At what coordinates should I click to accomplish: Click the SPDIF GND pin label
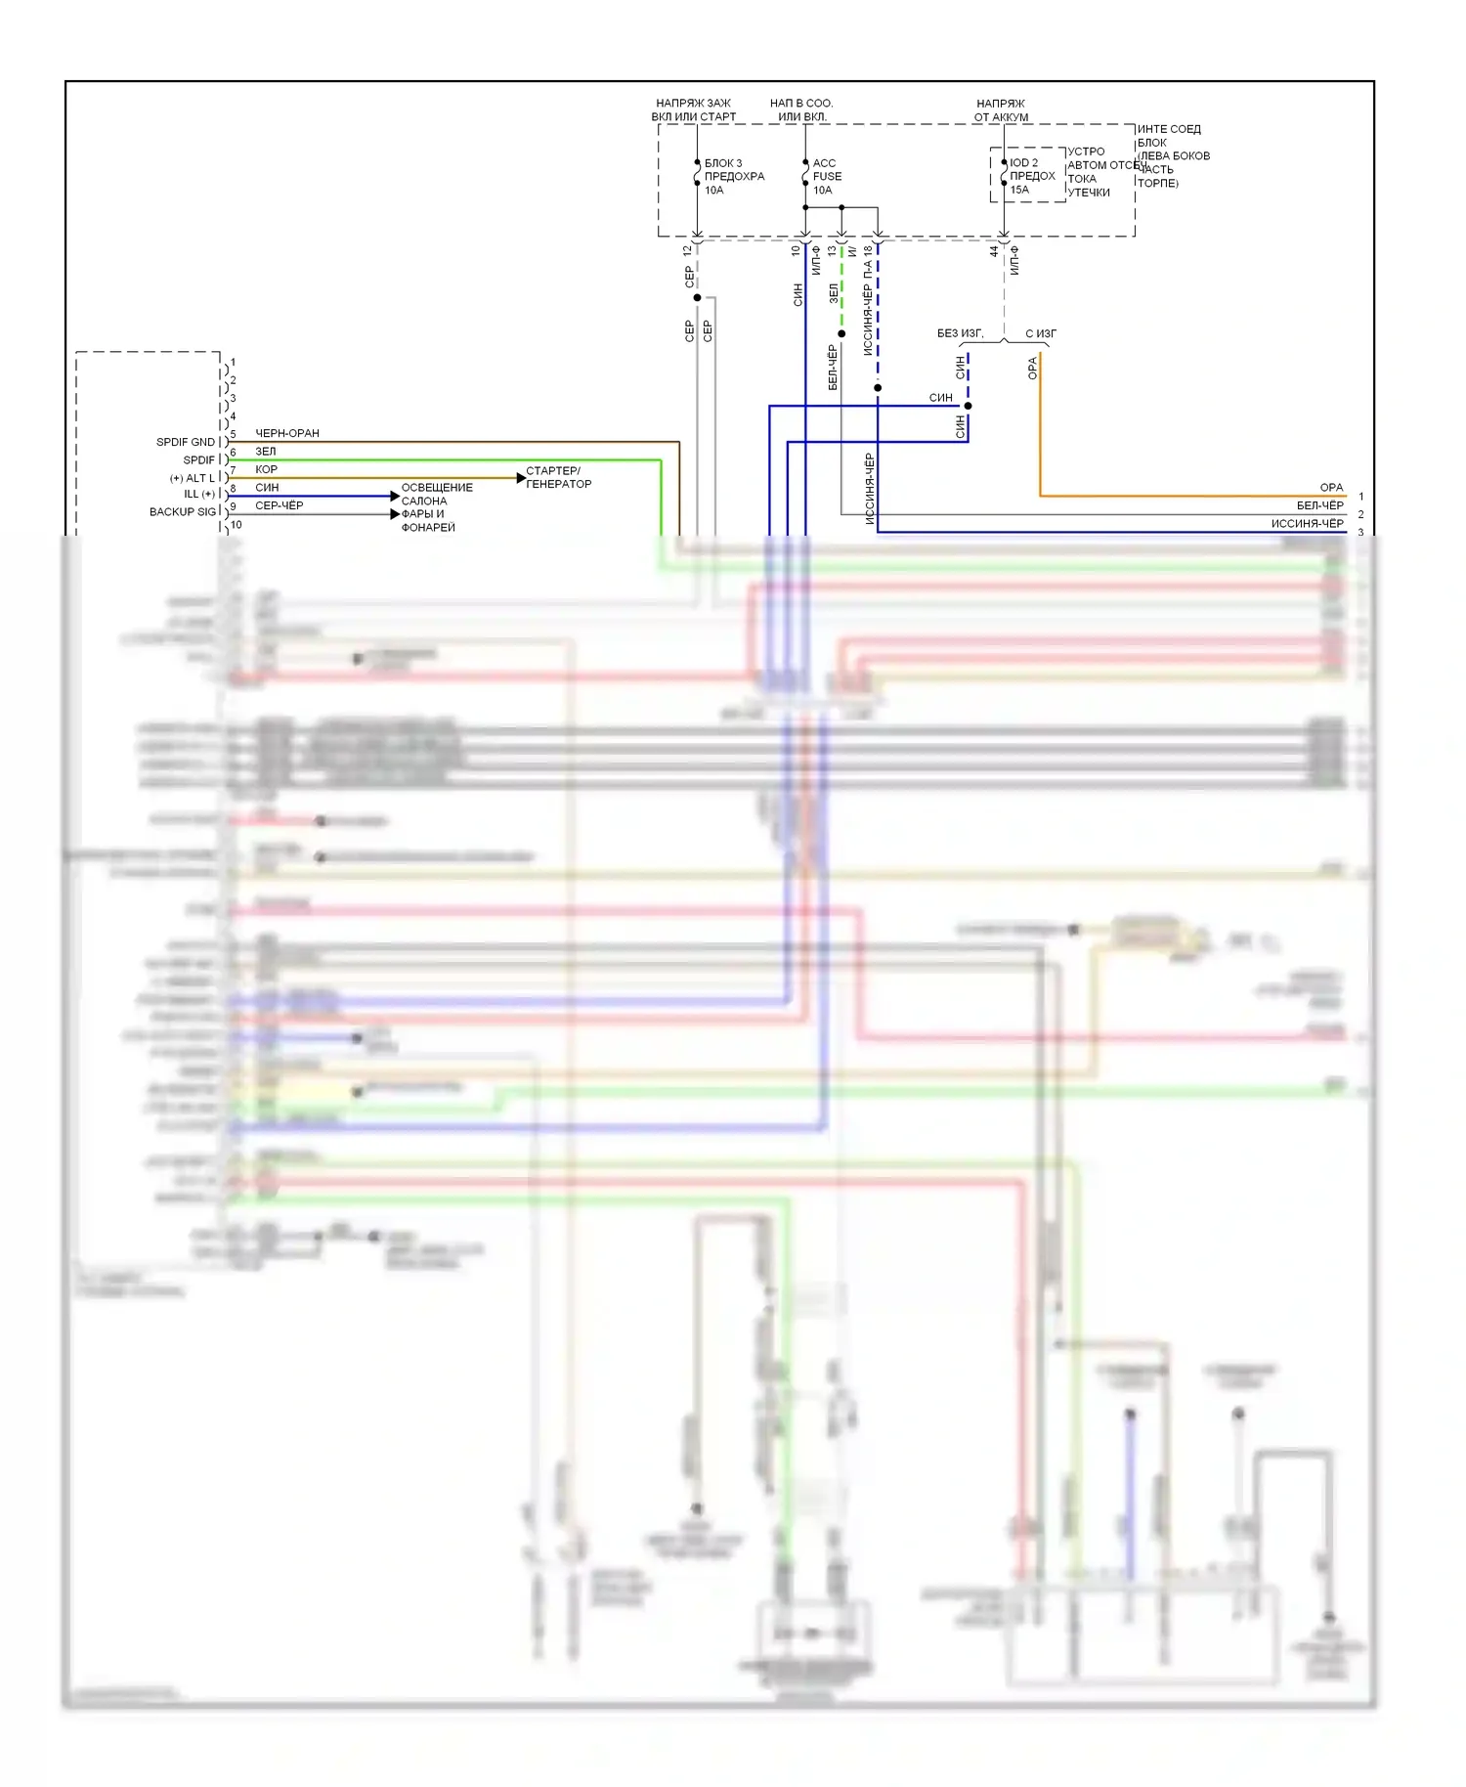pyautogui.click(x=185, y=442)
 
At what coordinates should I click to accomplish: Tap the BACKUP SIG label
pyautogui.click(x=182, y=512)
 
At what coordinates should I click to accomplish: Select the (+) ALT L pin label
pyautogui.click(x=192, y=478)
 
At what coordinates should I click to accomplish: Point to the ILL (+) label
pyautogui.click(x=198, y=495)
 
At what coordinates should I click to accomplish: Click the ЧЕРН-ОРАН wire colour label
pyautogui.click(x=286, y=433)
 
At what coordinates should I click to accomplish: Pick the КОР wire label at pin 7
pyautogui.click(x=266, y=469)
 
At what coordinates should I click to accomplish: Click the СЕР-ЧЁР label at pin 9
pyautogui.click(x=279, y=505)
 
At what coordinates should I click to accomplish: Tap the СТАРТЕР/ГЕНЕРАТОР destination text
pyautogui.click(x=558, y=477)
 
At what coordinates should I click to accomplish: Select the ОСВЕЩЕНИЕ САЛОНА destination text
pyautogui.click(x=436, y=494)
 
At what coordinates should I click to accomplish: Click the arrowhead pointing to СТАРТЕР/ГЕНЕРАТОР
pyautogui.click(x=521, y=478)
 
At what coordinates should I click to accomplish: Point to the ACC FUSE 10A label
pyautogui.click(x=826, y=177)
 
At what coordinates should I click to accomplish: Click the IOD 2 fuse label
pyautogui.click(x=1023, y=163)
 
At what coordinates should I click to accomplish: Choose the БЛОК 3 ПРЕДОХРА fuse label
pyautogui.click(x=733, y=170)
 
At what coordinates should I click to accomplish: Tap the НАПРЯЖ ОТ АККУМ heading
pyautogui.click(x=1001, y=109)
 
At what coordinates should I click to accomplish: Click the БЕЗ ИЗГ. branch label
pyautogui.click(x=960, y=333)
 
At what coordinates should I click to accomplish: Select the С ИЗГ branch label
pyautogui.click(x=1040, y=333)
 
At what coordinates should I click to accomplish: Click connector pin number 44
pyautogui.click(x=994, y=251)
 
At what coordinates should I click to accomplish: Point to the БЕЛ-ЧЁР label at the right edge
pyautogui.click(x=1319, y=505)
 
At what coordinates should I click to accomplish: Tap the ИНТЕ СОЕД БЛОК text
pyautogui.click(x=1168, y=136)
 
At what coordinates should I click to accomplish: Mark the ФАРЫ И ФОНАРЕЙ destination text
pyautogui.click(x=428, y=520)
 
